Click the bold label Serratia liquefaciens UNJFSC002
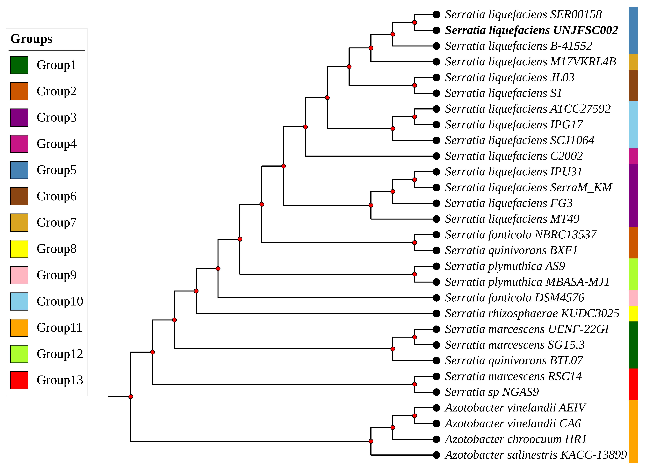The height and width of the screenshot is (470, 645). click(531, 30)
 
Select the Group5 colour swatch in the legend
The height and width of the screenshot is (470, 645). click(19, 170)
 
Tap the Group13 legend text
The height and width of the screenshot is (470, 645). click(60, 380)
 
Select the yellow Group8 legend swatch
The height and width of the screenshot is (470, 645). click(19, 249)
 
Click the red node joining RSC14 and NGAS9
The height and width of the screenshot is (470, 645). click(415, 384)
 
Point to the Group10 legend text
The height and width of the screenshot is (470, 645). click(60, 301)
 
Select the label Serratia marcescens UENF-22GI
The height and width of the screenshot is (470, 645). click(527, 329)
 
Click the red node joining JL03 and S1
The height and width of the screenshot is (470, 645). click(415, 85)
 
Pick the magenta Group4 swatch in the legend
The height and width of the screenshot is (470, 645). click(19, 144)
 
